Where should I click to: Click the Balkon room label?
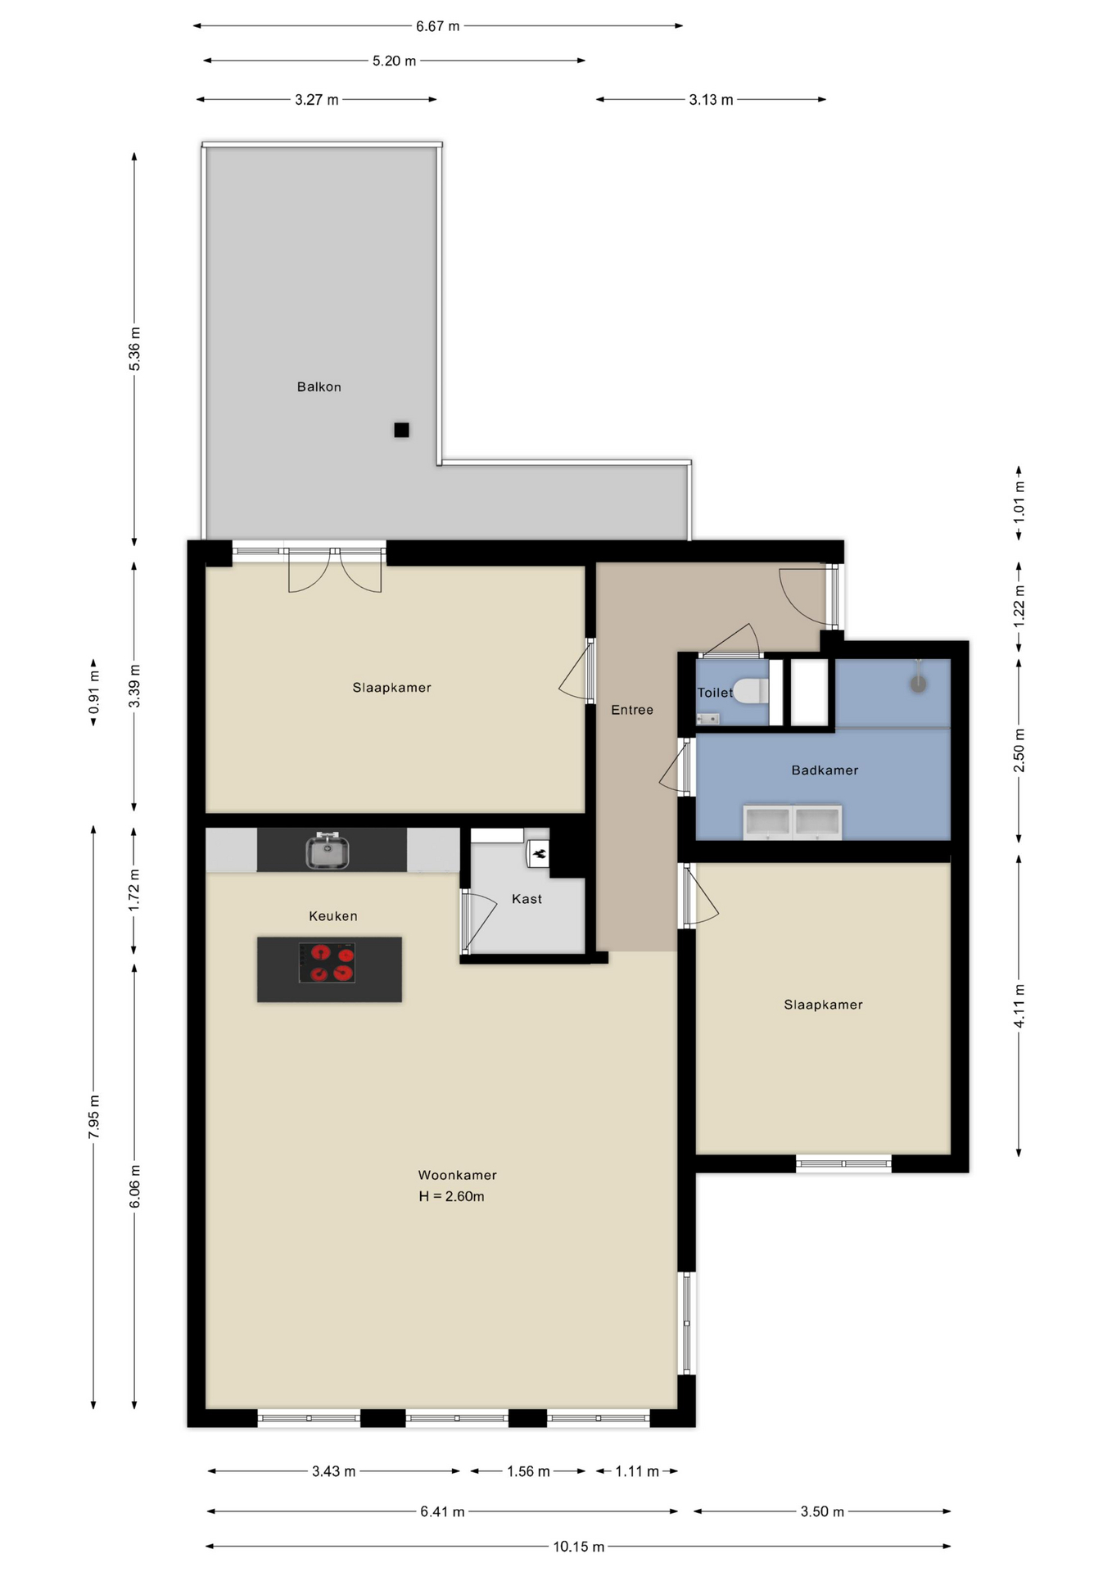[319, 386]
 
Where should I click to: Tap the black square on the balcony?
[401, 430]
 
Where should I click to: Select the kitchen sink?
[328, 850]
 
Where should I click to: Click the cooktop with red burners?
[327, 963]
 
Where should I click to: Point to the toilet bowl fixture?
[751, 691]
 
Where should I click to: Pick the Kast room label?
[527, 899]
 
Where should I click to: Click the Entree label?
[632, 710]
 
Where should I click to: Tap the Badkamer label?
[825, 770]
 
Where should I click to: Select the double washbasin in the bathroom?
[792, 823]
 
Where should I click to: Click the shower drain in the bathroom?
[919, 684]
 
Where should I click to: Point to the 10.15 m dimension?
[578, 1547]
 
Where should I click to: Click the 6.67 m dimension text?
[437, 26]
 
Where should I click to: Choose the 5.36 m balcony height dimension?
[134, 349]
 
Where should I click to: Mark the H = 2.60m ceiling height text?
[451, 1196]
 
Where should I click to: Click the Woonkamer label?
[457, 1175]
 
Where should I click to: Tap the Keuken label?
[332, 916]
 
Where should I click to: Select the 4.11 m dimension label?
[1019, 1006]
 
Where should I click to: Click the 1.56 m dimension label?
[528, 1471]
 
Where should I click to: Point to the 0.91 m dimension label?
[94, 692]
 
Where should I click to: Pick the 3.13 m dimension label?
[711, 100]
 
